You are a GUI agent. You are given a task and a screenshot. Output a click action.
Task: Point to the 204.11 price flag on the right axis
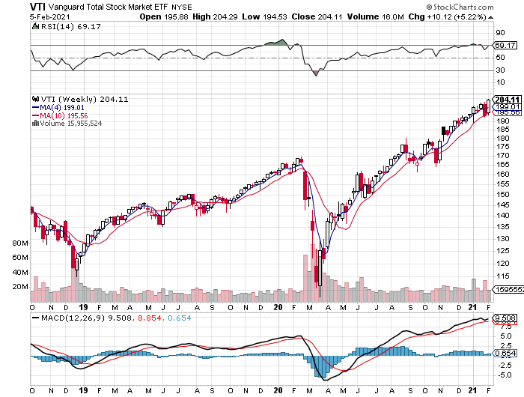508,100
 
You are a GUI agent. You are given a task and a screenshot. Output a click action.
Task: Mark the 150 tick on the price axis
503,194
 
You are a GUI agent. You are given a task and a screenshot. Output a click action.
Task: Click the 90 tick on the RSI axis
501,32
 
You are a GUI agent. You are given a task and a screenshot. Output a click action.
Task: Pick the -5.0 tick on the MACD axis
505,375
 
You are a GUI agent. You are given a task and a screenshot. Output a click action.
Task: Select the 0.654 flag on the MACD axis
505,353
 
